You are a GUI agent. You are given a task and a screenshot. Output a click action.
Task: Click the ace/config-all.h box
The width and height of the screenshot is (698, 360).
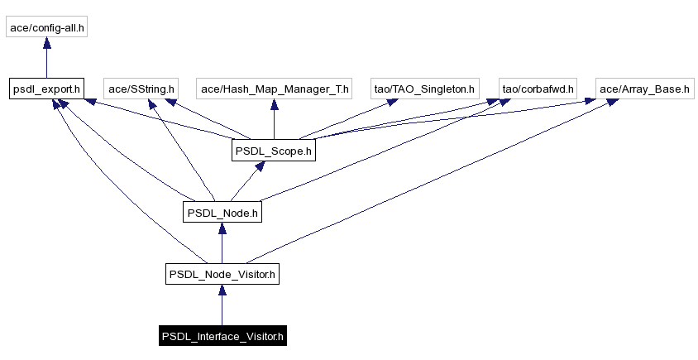point(47,27)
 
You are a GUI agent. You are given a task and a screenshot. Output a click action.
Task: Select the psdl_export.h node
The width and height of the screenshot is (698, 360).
point(46,88)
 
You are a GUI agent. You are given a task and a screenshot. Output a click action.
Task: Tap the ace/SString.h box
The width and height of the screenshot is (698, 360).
point(140,88)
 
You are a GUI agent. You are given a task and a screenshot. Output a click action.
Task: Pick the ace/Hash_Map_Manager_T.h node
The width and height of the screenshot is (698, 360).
point(275,88)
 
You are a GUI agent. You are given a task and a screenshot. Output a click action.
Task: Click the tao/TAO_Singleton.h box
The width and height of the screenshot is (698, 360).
point(425,88)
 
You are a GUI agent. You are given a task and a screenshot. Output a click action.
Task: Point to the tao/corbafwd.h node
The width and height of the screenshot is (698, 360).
point(538,88)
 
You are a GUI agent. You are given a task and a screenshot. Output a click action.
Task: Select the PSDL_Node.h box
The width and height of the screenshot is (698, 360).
point(222,213)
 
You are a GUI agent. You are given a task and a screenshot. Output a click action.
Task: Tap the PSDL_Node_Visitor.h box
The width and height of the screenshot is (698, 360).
point(222,274)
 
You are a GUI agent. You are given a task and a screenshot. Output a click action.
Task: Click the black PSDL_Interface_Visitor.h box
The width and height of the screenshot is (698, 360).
point(222,336)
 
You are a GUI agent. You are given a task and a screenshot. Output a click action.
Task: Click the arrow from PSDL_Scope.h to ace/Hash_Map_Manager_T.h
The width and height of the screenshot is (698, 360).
point(275,120)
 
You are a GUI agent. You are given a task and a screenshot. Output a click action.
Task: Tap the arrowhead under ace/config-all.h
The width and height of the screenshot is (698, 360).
point(47,44)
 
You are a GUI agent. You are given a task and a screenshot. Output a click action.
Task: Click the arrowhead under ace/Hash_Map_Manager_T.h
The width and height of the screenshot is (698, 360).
point(275,104)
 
